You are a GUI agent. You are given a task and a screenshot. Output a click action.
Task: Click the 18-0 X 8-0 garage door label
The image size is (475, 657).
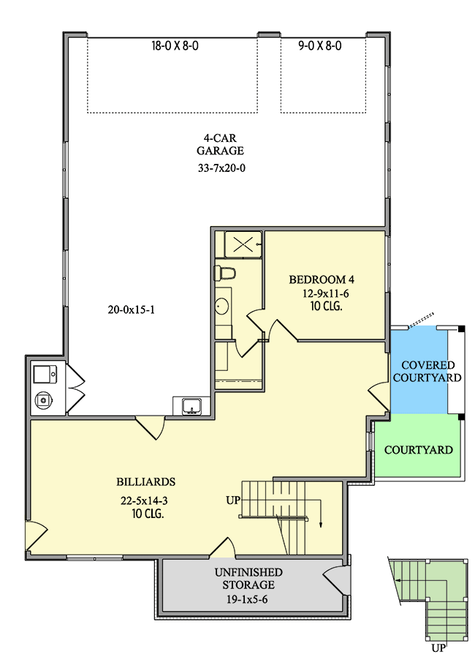click(x=175, y=45)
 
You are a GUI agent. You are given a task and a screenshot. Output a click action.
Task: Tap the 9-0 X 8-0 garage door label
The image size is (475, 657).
click(x=320, y=45)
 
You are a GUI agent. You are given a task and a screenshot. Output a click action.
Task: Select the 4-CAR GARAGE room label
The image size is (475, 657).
click(x=220, y=144)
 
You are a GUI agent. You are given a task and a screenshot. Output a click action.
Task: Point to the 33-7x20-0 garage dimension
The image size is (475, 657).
click(x=222, y=168)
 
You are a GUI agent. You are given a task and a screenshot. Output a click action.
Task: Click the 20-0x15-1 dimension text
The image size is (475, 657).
click(x=132, y=309)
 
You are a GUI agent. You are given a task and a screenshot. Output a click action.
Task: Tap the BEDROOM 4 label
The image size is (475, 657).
click(x=322, y=279)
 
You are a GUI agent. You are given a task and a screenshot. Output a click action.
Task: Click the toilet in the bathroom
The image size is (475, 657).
click(x=225, y=273)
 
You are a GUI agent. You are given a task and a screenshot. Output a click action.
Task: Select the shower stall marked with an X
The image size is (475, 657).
click(x=243, y=244)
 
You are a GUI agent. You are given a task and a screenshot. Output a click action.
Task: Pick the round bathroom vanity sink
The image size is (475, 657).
click(x=222, y=307)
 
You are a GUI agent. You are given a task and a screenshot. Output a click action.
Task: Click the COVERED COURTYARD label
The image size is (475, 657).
click(x=427, y=371)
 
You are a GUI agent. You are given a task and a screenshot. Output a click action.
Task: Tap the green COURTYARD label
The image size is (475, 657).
click(x=419, y=450)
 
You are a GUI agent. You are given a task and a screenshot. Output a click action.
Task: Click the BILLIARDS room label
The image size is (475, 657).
click(x=145, y=482)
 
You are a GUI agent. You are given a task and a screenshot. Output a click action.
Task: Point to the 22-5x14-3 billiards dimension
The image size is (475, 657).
click(x=145, y=500)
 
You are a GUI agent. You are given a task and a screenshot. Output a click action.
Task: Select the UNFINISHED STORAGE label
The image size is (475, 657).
click(x=248, y=579)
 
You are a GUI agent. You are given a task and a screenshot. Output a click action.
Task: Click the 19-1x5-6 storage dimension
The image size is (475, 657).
click(x=247, y=600)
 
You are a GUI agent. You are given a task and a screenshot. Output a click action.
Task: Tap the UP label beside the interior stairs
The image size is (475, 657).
click(x=233, y=500)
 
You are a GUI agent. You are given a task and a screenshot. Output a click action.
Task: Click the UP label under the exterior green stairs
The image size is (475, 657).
click(x=438, y=648)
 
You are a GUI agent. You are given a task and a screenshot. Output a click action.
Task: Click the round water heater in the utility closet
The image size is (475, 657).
click(x=43, y=400)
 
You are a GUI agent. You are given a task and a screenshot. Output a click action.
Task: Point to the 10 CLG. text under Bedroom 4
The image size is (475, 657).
click(x=327, y=307)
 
